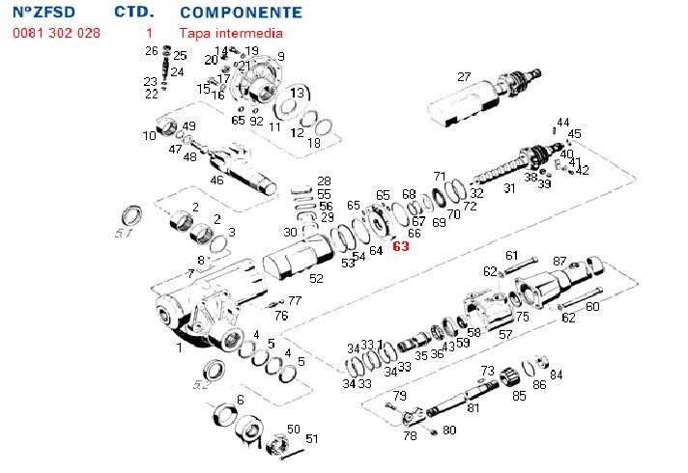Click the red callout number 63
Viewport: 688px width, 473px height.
pos(401,246)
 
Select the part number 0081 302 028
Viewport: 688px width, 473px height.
pos(55,33)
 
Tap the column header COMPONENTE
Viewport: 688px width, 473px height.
pos(241,13)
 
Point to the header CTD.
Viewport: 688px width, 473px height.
pos(132,13)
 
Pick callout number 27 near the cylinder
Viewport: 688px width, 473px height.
pos(464,77)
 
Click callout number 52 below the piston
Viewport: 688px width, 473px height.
pos(315,279)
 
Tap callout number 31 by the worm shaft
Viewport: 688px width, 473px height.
pos(509,188)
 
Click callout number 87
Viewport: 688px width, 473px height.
pos(559,262)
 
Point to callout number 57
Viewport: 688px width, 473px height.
pos(505,334)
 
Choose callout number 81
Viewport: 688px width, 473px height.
pos(473,407)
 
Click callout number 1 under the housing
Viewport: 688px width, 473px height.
pos(178,346)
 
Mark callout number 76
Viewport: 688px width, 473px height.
pos(281,316)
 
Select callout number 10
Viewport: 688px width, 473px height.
pos(150,136)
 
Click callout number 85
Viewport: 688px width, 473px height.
pos(519,395)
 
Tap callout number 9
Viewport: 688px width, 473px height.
pos(280,57)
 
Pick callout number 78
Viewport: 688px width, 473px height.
pos(410,436)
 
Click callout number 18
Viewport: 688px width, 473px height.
pos(313,144)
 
